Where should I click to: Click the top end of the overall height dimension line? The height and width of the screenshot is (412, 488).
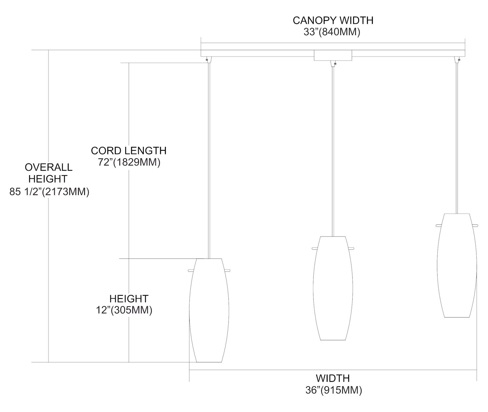(x=48, y=50)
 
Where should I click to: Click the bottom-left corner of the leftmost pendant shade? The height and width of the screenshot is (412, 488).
(x=197, y=362)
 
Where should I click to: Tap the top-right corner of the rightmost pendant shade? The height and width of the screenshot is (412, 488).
(x=469, y=214)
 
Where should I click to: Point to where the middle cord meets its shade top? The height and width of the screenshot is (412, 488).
(x=333, y=236)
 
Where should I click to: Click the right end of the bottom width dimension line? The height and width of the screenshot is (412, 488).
(x=477, y=370)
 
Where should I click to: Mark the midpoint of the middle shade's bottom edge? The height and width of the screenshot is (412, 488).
(x=333, y=340)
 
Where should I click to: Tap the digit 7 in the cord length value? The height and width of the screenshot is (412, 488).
(x=101, y=162)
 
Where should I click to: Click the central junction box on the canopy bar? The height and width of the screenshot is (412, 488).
(x=333, y=55)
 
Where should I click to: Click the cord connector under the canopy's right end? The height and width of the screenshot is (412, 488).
(x=457, y=60)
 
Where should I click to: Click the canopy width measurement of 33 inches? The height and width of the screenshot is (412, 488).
(x=332, y=32)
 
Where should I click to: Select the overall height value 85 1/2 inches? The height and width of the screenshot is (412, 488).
(x=49, y=192)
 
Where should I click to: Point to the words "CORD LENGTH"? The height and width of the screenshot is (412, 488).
(x=129, y=151)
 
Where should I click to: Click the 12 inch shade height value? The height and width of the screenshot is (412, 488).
(x=124, y=310)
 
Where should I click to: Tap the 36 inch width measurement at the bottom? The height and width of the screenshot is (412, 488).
(x=333, y=390)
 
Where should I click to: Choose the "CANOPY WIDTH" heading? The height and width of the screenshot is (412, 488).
(x=333, y=20)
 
